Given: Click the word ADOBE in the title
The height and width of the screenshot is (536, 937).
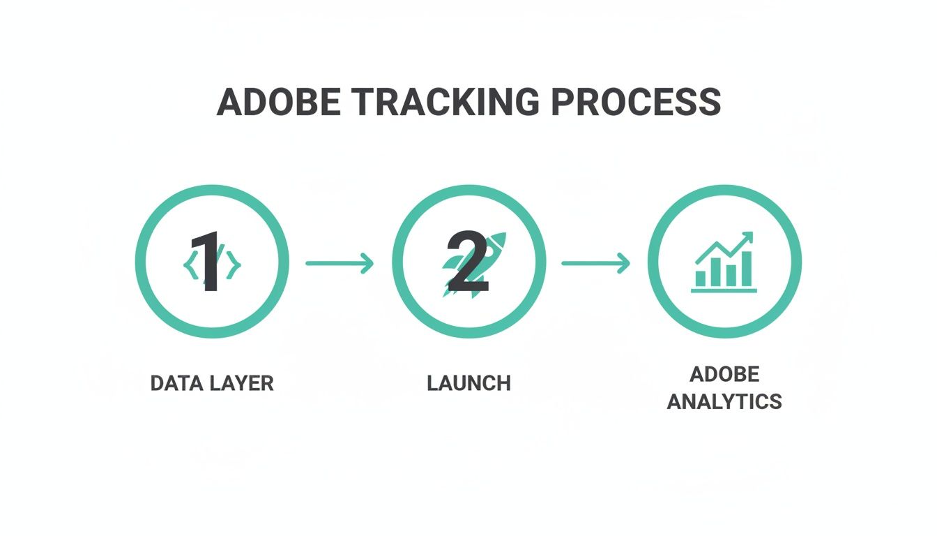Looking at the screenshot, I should pos(278,102).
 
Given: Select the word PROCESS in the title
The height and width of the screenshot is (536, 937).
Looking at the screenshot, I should pos(635,102).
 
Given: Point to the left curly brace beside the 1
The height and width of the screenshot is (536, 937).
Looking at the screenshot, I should pos(189,265).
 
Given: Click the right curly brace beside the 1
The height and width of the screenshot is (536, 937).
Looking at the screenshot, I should pos(234,265).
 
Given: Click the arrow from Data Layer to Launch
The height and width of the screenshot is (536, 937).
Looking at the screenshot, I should pos(340,263).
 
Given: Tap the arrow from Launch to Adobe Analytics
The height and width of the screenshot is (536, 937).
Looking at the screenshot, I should pos(595,263).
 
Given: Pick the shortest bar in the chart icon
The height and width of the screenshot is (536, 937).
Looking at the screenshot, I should pos(701,278).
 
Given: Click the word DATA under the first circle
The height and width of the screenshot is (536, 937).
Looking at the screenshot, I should pos(174,383).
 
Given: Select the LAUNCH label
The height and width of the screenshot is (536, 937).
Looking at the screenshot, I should pos(468,383).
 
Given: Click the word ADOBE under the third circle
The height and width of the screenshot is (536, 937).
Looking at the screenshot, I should pos(724,374).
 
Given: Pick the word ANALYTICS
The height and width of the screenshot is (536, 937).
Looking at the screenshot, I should pos(724,401).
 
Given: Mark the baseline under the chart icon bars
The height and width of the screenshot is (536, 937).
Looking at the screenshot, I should pos(724,290).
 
